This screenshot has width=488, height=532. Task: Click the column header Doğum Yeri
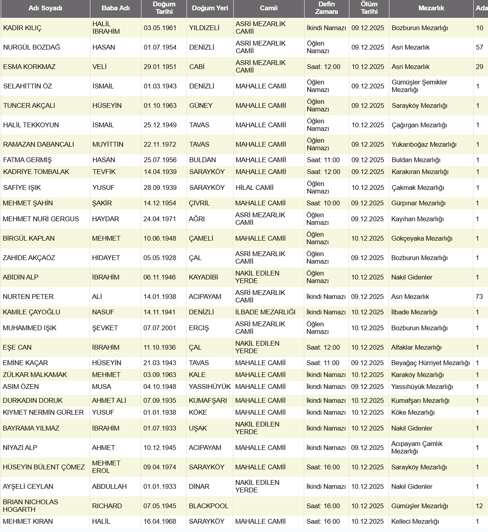coord(210,8)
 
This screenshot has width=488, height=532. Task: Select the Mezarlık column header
coord(431,8)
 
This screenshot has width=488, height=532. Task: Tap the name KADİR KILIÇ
coord(22,28)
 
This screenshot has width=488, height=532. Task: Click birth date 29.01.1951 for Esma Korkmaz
coord(160,67)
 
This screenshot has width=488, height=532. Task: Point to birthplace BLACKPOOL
coord(208,506)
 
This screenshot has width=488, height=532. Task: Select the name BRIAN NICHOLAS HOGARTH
coord(30,505)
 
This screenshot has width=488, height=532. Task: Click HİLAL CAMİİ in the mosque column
coord(254,188)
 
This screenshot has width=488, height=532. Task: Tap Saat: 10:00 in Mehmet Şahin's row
coord(323,203)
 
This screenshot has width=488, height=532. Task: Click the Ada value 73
coord(479,297)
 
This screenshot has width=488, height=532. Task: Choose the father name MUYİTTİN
coord(108,144)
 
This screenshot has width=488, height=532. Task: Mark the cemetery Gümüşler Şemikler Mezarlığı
coord(419,86)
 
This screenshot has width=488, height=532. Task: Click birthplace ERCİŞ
coord(198,328)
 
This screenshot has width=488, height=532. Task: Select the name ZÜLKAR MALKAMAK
coord(35,375)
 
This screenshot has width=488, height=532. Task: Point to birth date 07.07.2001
coord(159,328)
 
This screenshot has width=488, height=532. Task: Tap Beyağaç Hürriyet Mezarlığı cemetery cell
coord(430,363)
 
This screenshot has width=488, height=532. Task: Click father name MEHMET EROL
coord(106,467)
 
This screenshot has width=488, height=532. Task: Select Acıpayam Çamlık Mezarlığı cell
coord(417,447)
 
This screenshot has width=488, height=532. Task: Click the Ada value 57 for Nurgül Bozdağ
coord(479,47)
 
